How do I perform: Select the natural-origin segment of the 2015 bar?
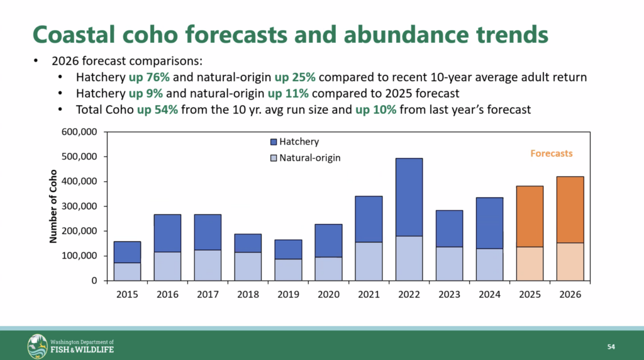click(127, 271)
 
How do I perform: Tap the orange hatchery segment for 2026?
click(570, 210)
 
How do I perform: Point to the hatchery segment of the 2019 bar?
click(288, 249)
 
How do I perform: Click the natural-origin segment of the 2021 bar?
click(369, 261)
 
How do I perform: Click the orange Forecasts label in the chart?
click(551, 153)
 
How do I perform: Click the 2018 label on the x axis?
click(248, 294)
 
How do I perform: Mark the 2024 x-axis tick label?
click(489, 294)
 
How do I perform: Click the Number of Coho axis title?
click(54, 206)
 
